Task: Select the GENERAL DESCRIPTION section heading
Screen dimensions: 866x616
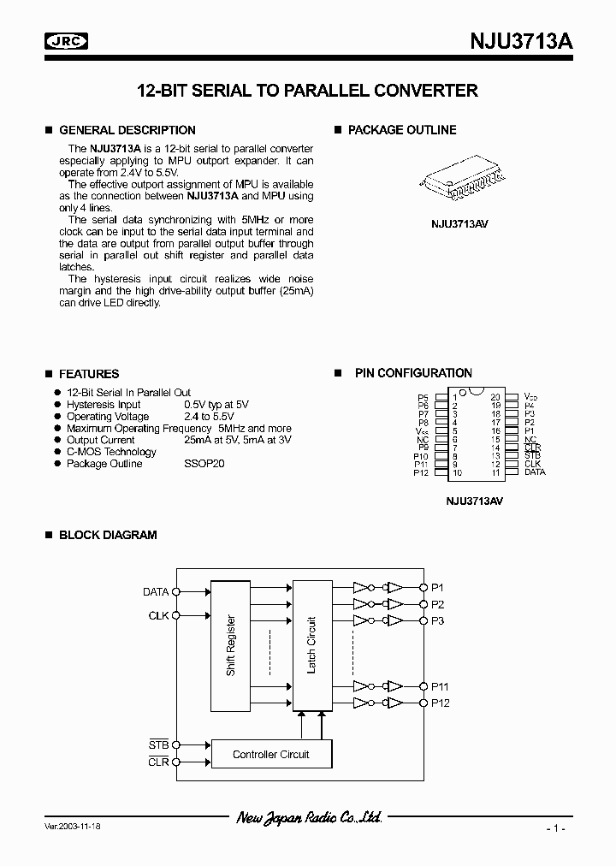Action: tap(127, 130)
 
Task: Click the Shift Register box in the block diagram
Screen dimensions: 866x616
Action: tap(231, 644)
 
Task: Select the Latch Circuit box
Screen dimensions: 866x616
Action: tap(311, 644)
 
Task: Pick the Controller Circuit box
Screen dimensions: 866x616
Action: tap(271, 754)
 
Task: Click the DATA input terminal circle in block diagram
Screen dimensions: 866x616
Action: tap(176, 591)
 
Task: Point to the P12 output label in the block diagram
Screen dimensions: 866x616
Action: tap(440, 703)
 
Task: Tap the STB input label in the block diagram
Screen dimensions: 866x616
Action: tap(158, 745)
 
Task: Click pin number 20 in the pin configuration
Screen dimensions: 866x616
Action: tap(495, 397)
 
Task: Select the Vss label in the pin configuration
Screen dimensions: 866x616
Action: tap(421, 431)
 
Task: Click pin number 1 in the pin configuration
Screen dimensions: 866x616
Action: tap(455, 397)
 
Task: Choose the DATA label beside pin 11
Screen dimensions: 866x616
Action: tap(535, 472)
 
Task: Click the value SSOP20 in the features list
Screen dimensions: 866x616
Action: tap(204, 464)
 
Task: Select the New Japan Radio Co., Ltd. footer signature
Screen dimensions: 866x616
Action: tap(308, 819)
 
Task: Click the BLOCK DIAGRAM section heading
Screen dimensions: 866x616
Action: tap(107, 535)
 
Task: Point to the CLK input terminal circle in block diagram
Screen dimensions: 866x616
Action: tap(176, 615)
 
